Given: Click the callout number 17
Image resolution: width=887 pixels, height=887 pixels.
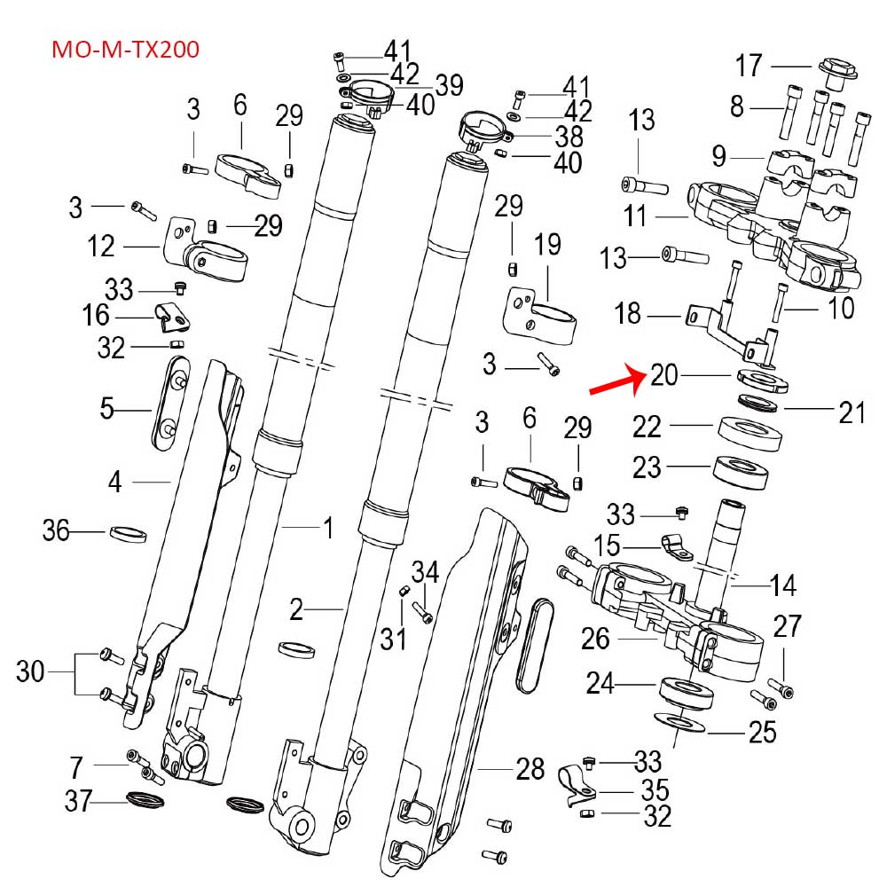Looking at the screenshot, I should click(750, 66).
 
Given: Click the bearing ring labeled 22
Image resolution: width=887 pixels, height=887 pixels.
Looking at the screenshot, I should click(750, 434).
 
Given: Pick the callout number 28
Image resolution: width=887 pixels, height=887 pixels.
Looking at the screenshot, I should click(530, 769).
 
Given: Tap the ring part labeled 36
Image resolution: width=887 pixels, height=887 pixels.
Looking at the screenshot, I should click(128, 535).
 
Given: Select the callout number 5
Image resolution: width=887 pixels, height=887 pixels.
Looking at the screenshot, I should click(107, 409).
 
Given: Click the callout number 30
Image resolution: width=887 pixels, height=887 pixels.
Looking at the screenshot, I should click(30, 671).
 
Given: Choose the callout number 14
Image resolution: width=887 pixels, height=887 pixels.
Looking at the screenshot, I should click(783, 585).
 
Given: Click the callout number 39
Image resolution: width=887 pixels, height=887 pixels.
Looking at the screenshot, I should click(450, 85).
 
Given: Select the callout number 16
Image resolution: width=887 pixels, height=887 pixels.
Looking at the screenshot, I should click(96, 315).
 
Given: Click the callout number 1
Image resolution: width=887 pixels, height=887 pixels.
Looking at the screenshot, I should click(328, 529).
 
